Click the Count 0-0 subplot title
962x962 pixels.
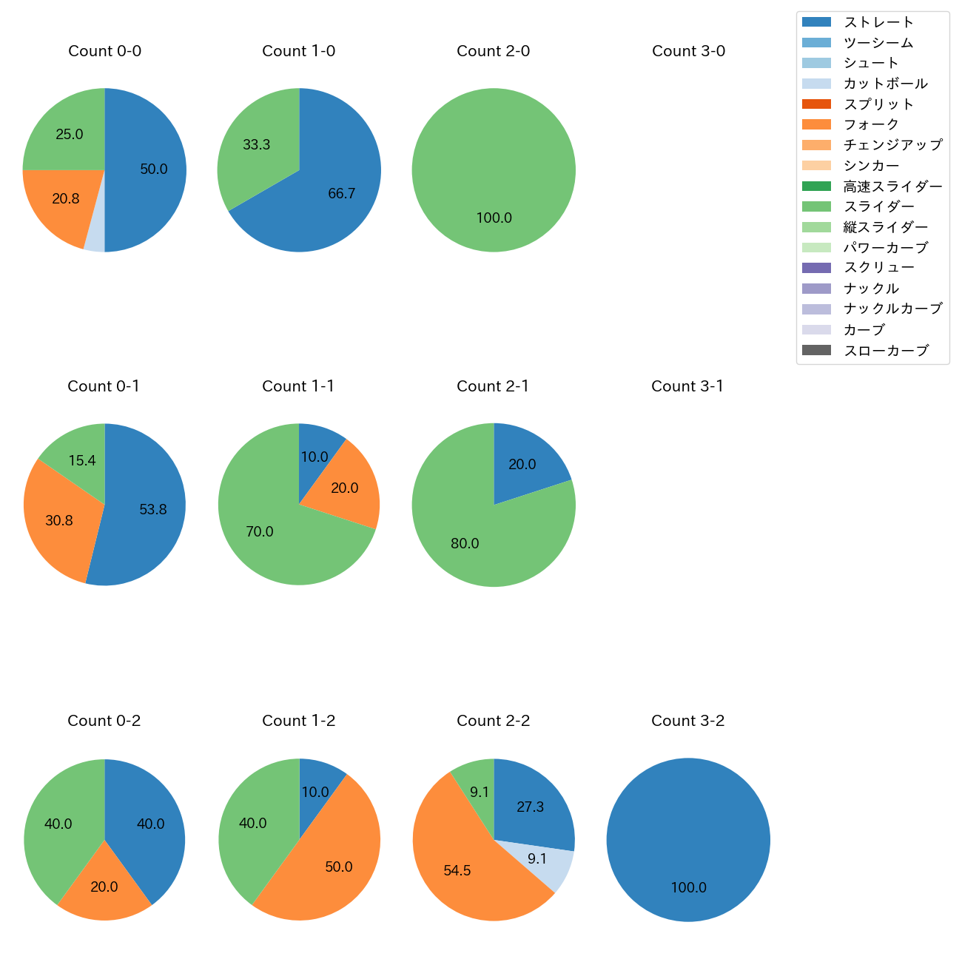click(x=104, y=51)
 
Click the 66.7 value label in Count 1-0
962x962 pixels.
click(x=341, y=194)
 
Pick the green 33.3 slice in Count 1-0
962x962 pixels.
click(x=259, y=148)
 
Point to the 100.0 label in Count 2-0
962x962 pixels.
click(x=494, y=218)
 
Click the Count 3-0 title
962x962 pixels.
click(x=688, y=51)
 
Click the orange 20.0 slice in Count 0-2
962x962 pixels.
click(x=104, y=888)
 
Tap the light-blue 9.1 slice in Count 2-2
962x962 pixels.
click(x=548, y=862)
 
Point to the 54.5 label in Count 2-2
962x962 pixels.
click(x=457, y=871)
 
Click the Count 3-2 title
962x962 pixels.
click(x=687, y=721)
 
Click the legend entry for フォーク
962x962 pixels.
click(x=871, y=124)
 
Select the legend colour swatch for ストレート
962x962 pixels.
click(x=816, y=22)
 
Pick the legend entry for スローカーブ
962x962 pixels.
click(x=886, y=351)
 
